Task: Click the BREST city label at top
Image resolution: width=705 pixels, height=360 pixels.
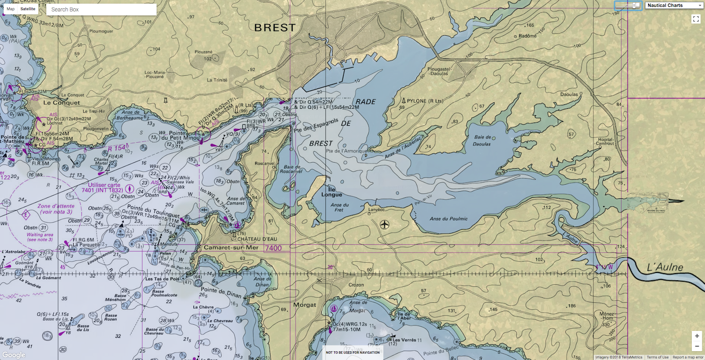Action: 275,28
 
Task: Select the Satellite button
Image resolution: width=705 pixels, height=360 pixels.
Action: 28,9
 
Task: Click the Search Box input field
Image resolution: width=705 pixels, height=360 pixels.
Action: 101,9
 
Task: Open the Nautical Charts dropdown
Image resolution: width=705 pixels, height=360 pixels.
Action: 674,5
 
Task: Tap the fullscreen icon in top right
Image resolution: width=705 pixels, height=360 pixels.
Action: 696,19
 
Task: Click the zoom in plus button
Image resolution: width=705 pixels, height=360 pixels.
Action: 697,336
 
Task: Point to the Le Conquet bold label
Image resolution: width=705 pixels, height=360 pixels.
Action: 62,103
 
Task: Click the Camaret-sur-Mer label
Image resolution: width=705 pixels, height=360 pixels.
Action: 231,248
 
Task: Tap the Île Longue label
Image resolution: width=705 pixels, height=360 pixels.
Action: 331,192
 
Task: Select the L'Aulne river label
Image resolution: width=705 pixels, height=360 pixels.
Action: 665,267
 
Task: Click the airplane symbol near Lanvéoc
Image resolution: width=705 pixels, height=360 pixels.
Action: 385,225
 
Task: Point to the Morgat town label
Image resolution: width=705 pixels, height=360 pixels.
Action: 304,305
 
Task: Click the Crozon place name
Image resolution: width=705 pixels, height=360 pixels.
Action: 356,285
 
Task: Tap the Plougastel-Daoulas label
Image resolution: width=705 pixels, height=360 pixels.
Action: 439,71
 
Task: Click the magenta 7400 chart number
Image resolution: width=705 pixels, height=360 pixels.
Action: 273,248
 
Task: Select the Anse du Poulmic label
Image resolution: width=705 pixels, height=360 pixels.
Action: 449,219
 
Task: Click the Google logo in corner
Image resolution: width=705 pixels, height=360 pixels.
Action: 14,355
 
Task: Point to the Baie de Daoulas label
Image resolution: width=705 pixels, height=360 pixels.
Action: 482,141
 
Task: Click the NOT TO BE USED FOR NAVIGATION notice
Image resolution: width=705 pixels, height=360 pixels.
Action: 352,353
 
